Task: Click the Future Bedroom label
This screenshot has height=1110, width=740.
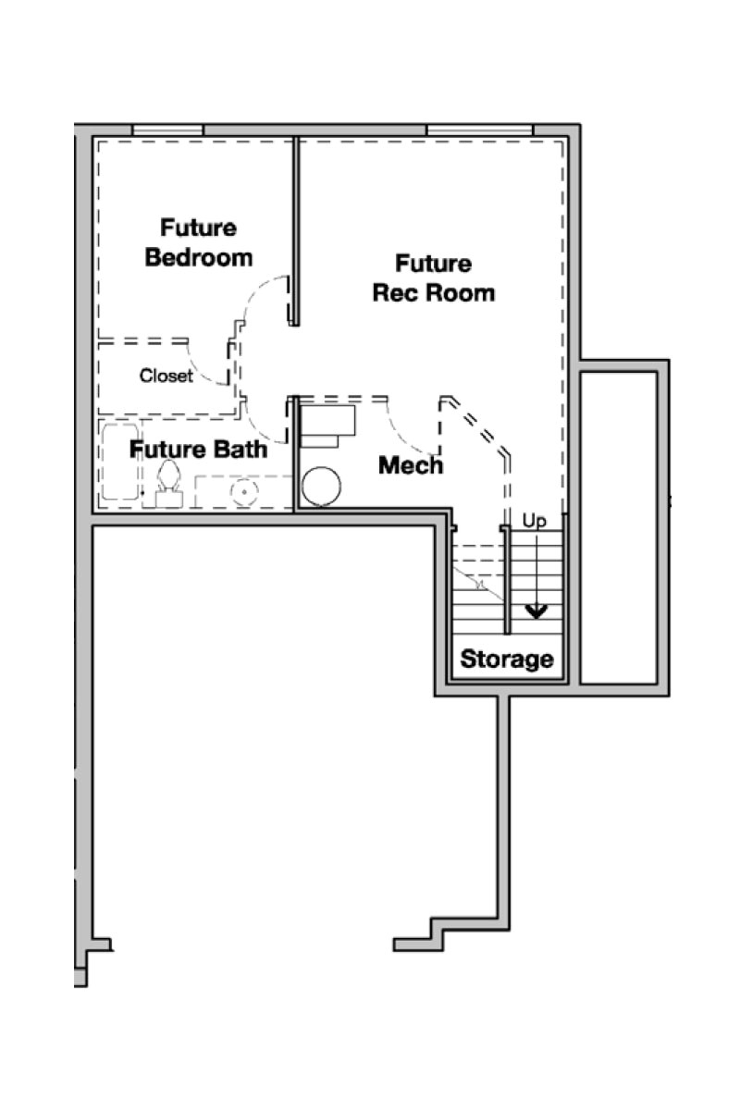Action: [198, 242]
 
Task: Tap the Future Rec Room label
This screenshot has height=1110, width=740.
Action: [434, 278]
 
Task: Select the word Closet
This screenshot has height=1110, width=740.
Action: [166, 376]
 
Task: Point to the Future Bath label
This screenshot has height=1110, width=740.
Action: [198, 450]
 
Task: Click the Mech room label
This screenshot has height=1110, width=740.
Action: [411, 465]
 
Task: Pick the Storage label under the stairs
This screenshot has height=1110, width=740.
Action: [507, 659]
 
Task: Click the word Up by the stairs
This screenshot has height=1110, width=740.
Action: [535, 522]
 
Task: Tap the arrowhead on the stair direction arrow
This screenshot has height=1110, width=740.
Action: [536, 612]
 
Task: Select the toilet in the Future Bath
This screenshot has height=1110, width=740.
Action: [169, 484]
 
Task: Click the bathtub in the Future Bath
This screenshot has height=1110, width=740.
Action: [120, 462]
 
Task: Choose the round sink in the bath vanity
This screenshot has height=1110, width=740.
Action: [244, 491]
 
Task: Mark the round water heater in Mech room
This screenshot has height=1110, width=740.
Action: [321, 487]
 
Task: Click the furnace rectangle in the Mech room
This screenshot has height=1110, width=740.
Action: [327, 426]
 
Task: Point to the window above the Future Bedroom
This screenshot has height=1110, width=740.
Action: [167, 129]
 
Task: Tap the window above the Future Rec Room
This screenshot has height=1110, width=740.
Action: [479, 129]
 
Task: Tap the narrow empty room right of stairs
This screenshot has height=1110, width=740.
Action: [619, 528]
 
